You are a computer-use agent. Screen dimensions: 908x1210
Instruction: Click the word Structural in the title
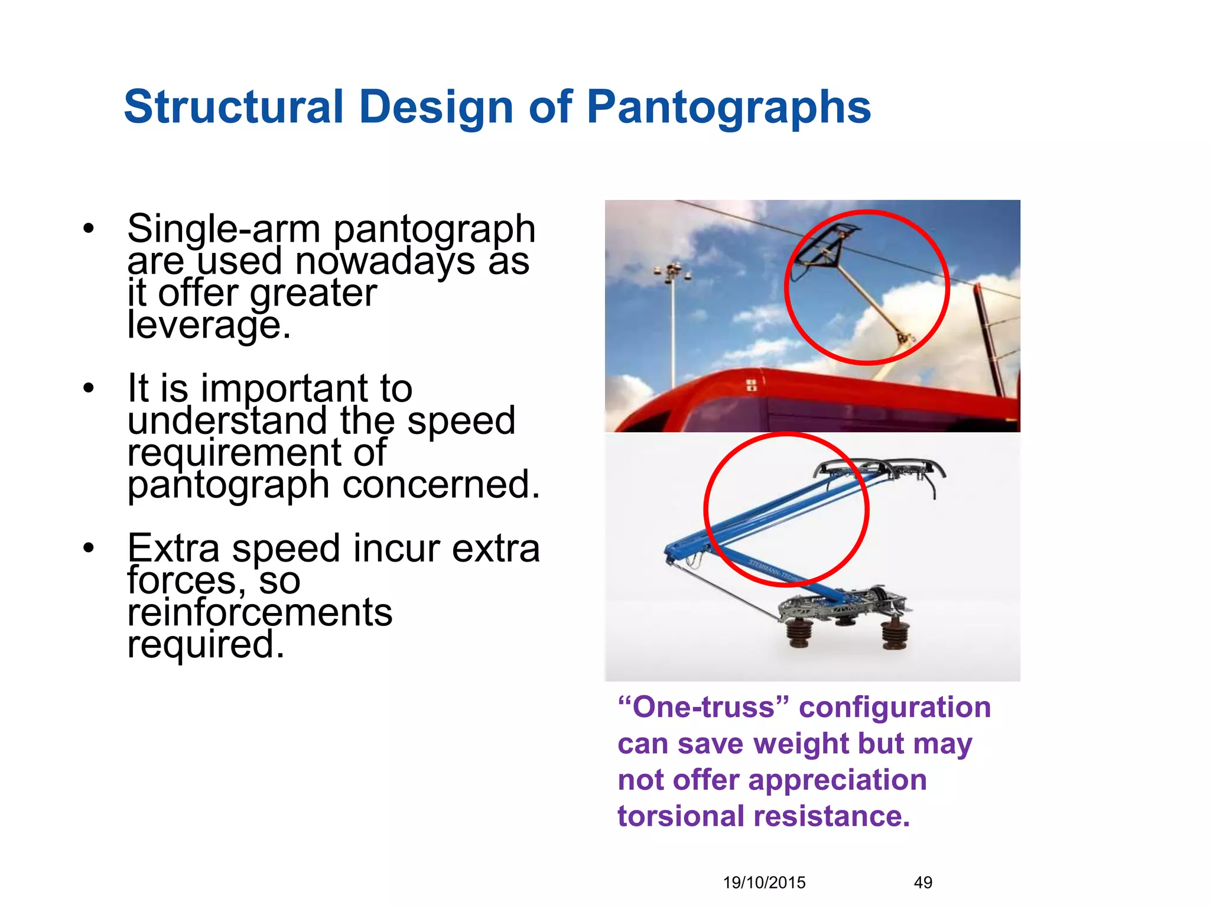(233, 108)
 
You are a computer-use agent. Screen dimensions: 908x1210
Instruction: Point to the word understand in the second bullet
(227, 421)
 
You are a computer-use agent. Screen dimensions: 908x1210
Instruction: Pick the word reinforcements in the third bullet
(260, 612)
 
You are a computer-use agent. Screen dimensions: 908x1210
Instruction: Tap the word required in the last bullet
(206, 644)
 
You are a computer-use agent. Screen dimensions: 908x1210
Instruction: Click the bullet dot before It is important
(89, 388)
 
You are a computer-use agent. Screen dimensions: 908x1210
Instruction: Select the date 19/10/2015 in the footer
(764, 883)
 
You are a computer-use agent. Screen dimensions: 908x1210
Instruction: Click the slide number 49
(923, 883)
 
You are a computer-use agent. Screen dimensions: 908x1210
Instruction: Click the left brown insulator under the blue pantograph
(799, 633)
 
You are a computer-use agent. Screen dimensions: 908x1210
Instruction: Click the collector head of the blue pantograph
(880, 470)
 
